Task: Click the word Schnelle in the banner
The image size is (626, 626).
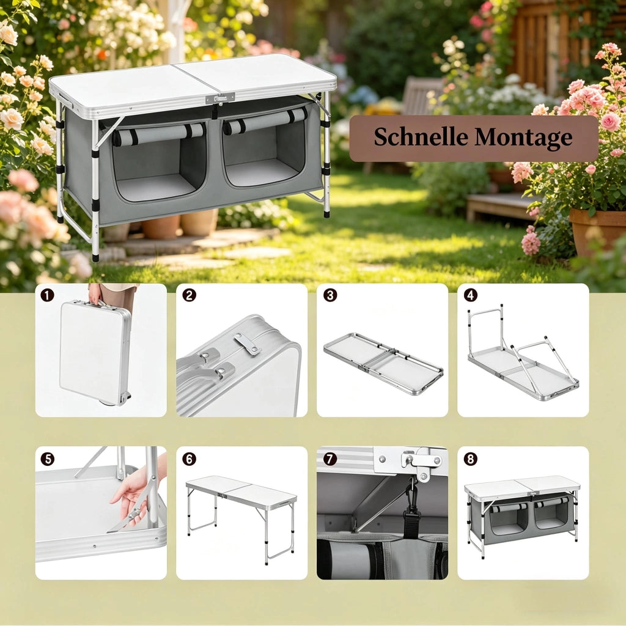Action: [x=421, y=137]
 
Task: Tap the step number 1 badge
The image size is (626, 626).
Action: [x=47, y=295]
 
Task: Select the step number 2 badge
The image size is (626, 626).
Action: [x=189, y=295]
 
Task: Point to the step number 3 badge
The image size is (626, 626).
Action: [x=330, y=295]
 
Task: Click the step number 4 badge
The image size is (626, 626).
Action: [x=471, y=295]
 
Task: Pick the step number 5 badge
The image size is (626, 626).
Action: [x=47, y=459]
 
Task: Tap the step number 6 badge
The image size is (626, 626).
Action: [x=189, y=459]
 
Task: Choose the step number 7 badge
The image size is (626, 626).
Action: [x=330, y=459]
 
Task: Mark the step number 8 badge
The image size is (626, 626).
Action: [x=471, y=459]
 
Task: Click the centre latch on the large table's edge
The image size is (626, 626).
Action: [x=220, y=98]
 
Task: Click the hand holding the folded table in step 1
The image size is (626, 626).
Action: [x=95, y=294]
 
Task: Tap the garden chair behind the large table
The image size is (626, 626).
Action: [x=422, y=96]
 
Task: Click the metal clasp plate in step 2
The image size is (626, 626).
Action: [x=247, y=344]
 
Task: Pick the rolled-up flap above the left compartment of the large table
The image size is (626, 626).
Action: [x=158, y=133]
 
